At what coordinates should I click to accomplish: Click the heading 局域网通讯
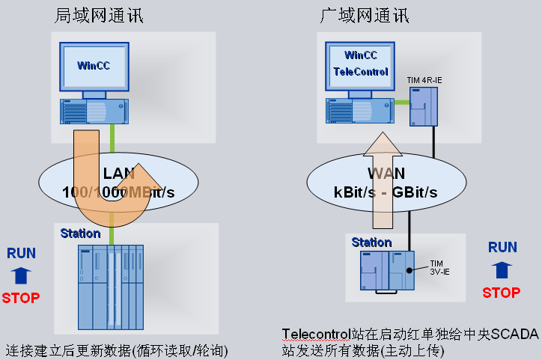99,15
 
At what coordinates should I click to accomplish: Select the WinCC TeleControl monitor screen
361,65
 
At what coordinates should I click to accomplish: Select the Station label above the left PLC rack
80,233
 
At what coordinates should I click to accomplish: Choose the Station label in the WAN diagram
371,242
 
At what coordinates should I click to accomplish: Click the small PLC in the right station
386,270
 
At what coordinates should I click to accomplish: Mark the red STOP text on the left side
21,297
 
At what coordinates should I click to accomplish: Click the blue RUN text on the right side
502,247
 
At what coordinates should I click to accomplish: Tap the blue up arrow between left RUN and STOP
21,275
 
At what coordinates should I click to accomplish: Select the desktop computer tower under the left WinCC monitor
94,110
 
